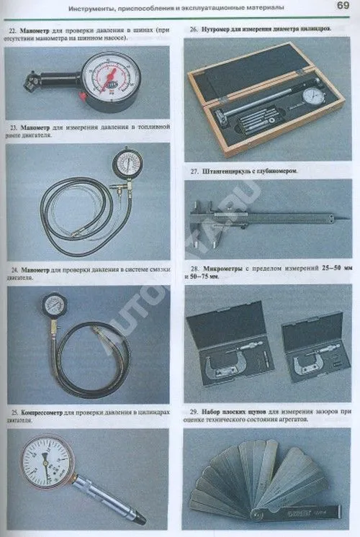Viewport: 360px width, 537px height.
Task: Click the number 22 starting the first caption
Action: pos(13,30)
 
